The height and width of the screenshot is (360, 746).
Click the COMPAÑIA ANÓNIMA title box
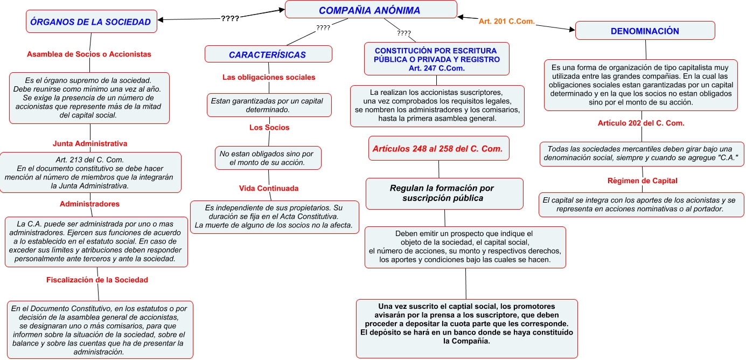pos(370,10)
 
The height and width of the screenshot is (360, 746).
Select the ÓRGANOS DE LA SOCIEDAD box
pos(90,22)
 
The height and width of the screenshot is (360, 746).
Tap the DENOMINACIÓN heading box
pos(645,31)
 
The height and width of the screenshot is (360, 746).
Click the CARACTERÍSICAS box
pos(268,54)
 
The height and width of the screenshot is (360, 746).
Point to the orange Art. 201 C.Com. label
pos(506,22)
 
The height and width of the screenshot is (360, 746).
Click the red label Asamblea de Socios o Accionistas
pos(89,54)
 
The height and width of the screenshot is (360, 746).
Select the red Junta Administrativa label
pos(90,143)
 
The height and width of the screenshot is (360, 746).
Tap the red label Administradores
pos(89,204)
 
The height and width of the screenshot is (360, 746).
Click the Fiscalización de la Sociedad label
pos(97,280)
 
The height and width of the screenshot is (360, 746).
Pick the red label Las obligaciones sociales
pos(269,77)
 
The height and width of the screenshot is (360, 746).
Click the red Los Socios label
pos(269,128)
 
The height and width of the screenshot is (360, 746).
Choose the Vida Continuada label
pos(269,188)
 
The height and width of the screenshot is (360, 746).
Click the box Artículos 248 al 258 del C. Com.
pos(438,149)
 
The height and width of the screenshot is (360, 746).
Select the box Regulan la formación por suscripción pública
pos(444,193)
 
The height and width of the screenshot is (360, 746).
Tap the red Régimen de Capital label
pos(642,181)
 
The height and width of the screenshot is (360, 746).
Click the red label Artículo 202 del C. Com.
pos(641,123)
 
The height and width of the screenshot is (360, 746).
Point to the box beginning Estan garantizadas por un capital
pos(269,105)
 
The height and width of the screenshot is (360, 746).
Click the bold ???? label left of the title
pos(230,19)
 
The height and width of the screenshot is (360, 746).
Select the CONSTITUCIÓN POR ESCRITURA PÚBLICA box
pos(437,59)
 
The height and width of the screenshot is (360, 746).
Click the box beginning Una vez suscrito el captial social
pos(466,328)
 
